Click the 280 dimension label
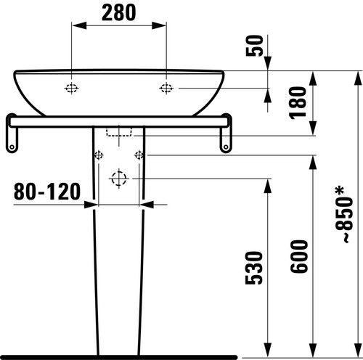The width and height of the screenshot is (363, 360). pyautogui.click(x=119, y=13)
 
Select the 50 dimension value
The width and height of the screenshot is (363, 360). pyautogui.click(x=254, y=46)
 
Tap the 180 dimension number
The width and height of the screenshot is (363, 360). pyautogui.click(x=298, y=103)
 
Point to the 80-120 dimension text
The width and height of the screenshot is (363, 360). pyautogui.click(x=47, y=192)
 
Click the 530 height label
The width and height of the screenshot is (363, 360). pyautogui.click(x=254, y=268)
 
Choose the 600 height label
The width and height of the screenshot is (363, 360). pyautogui.click(x=299, y=257)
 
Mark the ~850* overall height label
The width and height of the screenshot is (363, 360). pyautogui.click(x=343, y=214)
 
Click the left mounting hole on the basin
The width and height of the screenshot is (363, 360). pyautogui.click(x=71, y=89)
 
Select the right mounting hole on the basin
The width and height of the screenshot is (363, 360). pyautogui.click(x=166, y=89)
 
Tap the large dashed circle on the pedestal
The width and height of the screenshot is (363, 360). pyautogui.click(x=119, y=179)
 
